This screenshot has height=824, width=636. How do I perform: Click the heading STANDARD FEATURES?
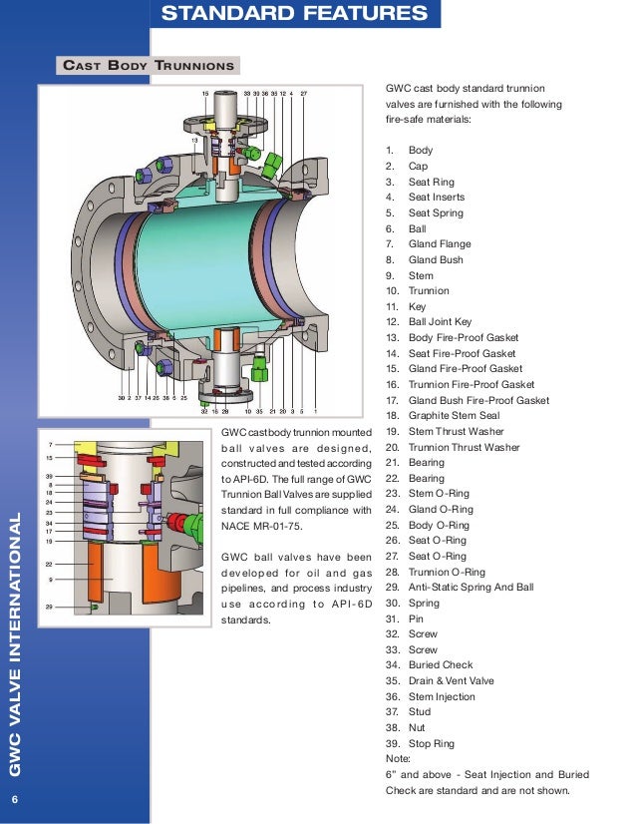(x=294, y=14)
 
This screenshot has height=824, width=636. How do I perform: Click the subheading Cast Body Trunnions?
(x=149, y=67)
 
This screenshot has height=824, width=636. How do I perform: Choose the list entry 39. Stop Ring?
(x=420, y=743)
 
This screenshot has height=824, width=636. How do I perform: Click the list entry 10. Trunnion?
(x=418, y=290)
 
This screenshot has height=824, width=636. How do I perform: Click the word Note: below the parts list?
(x=397, y=758)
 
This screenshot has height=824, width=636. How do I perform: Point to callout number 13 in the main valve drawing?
(x=195, y=141)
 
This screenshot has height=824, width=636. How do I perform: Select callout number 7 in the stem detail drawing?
(x=50, y=443)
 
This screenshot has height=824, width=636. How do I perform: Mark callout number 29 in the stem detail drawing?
(x=50, y=607)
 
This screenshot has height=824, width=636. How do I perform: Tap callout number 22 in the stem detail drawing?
(x=50, y=564)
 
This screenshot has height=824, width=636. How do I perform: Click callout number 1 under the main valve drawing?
(x=315, y=410)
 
